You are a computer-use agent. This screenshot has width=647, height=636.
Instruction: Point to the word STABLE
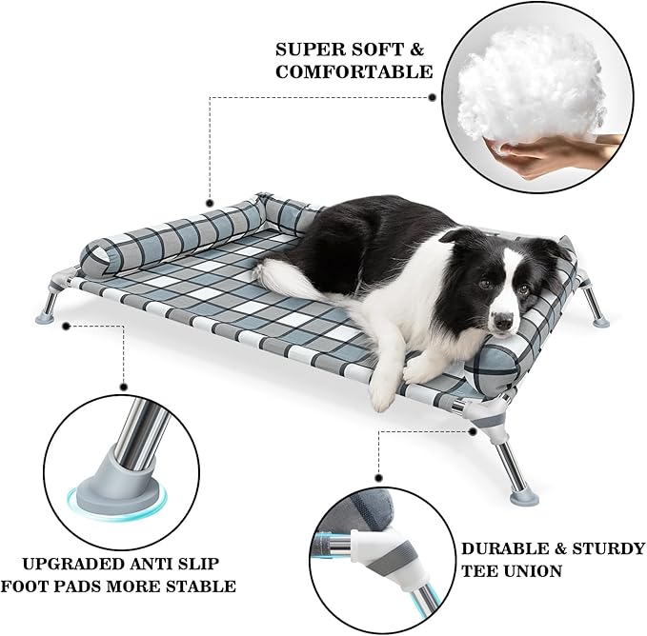[x=207, y=586]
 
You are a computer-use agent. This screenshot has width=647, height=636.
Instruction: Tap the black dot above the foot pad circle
[x=123, y=387]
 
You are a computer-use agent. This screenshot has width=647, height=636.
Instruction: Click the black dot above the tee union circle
[x=378, y=477]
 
